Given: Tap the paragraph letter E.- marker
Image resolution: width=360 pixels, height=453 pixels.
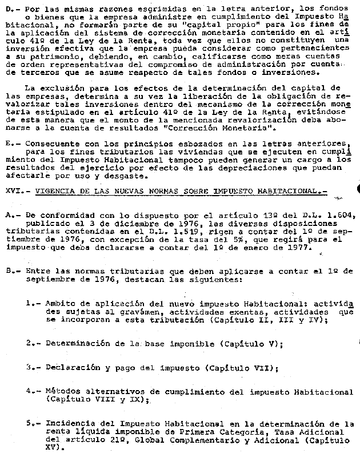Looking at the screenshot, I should [x=10, y=143].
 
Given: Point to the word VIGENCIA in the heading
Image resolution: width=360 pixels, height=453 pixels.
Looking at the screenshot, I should [x=57, y=189].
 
